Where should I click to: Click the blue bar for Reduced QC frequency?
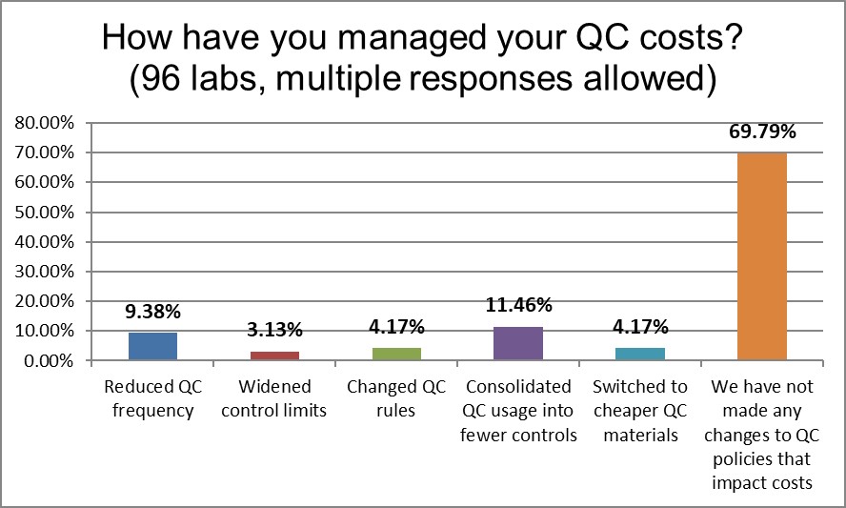tap(152, 346)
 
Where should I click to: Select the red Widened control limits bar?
tap(274, 356)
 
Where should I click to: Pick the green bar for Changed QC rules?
tap(396, 354)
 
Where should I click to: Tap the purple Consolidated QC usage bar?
tap(518, 343)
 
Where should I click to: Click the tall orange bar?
tap(761, 256)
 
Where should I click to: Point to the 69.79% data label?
tap(761, 132)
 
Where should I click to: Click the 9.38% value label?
tap(152, 313)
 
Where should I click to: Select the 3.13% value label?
tap(274, 331)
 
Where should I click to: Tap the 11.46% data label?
tap(518, 306)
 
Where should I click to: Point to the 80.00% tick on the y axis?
tap(44, 123)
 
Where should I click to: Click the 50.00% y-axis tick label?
tap(44, 213)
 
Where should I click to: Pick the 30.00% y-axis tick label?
tap(44, 272)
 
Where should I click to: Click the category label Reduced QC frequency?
tap(152, 399)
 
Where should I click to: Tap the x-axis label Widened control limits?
tap(274, 399)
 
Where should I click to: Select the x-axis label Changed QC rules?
tap(396, 399)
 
